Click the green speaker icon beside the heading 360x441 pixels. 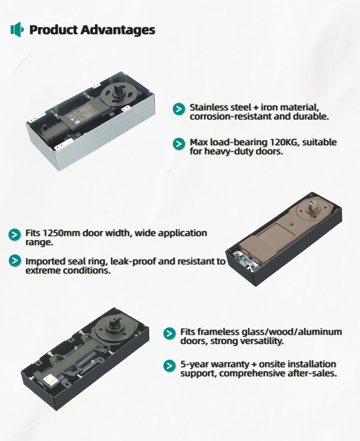point(17,29)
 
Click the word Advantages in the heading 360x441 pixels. point(118,30)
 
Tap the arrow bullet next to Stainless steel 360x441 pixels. point(179,109)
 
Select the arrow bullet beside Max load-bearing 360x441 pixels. point(179,144)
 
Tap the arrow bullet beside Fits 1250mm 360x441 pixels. point(15,235)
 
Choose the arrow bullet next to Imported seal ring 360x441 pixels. point(15,260)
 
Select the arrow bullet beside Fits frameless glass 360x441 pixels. point(169,333)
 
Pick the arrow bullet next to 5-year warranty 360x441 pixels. point(169,366)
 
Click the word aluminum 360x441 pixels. point(320,332)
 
